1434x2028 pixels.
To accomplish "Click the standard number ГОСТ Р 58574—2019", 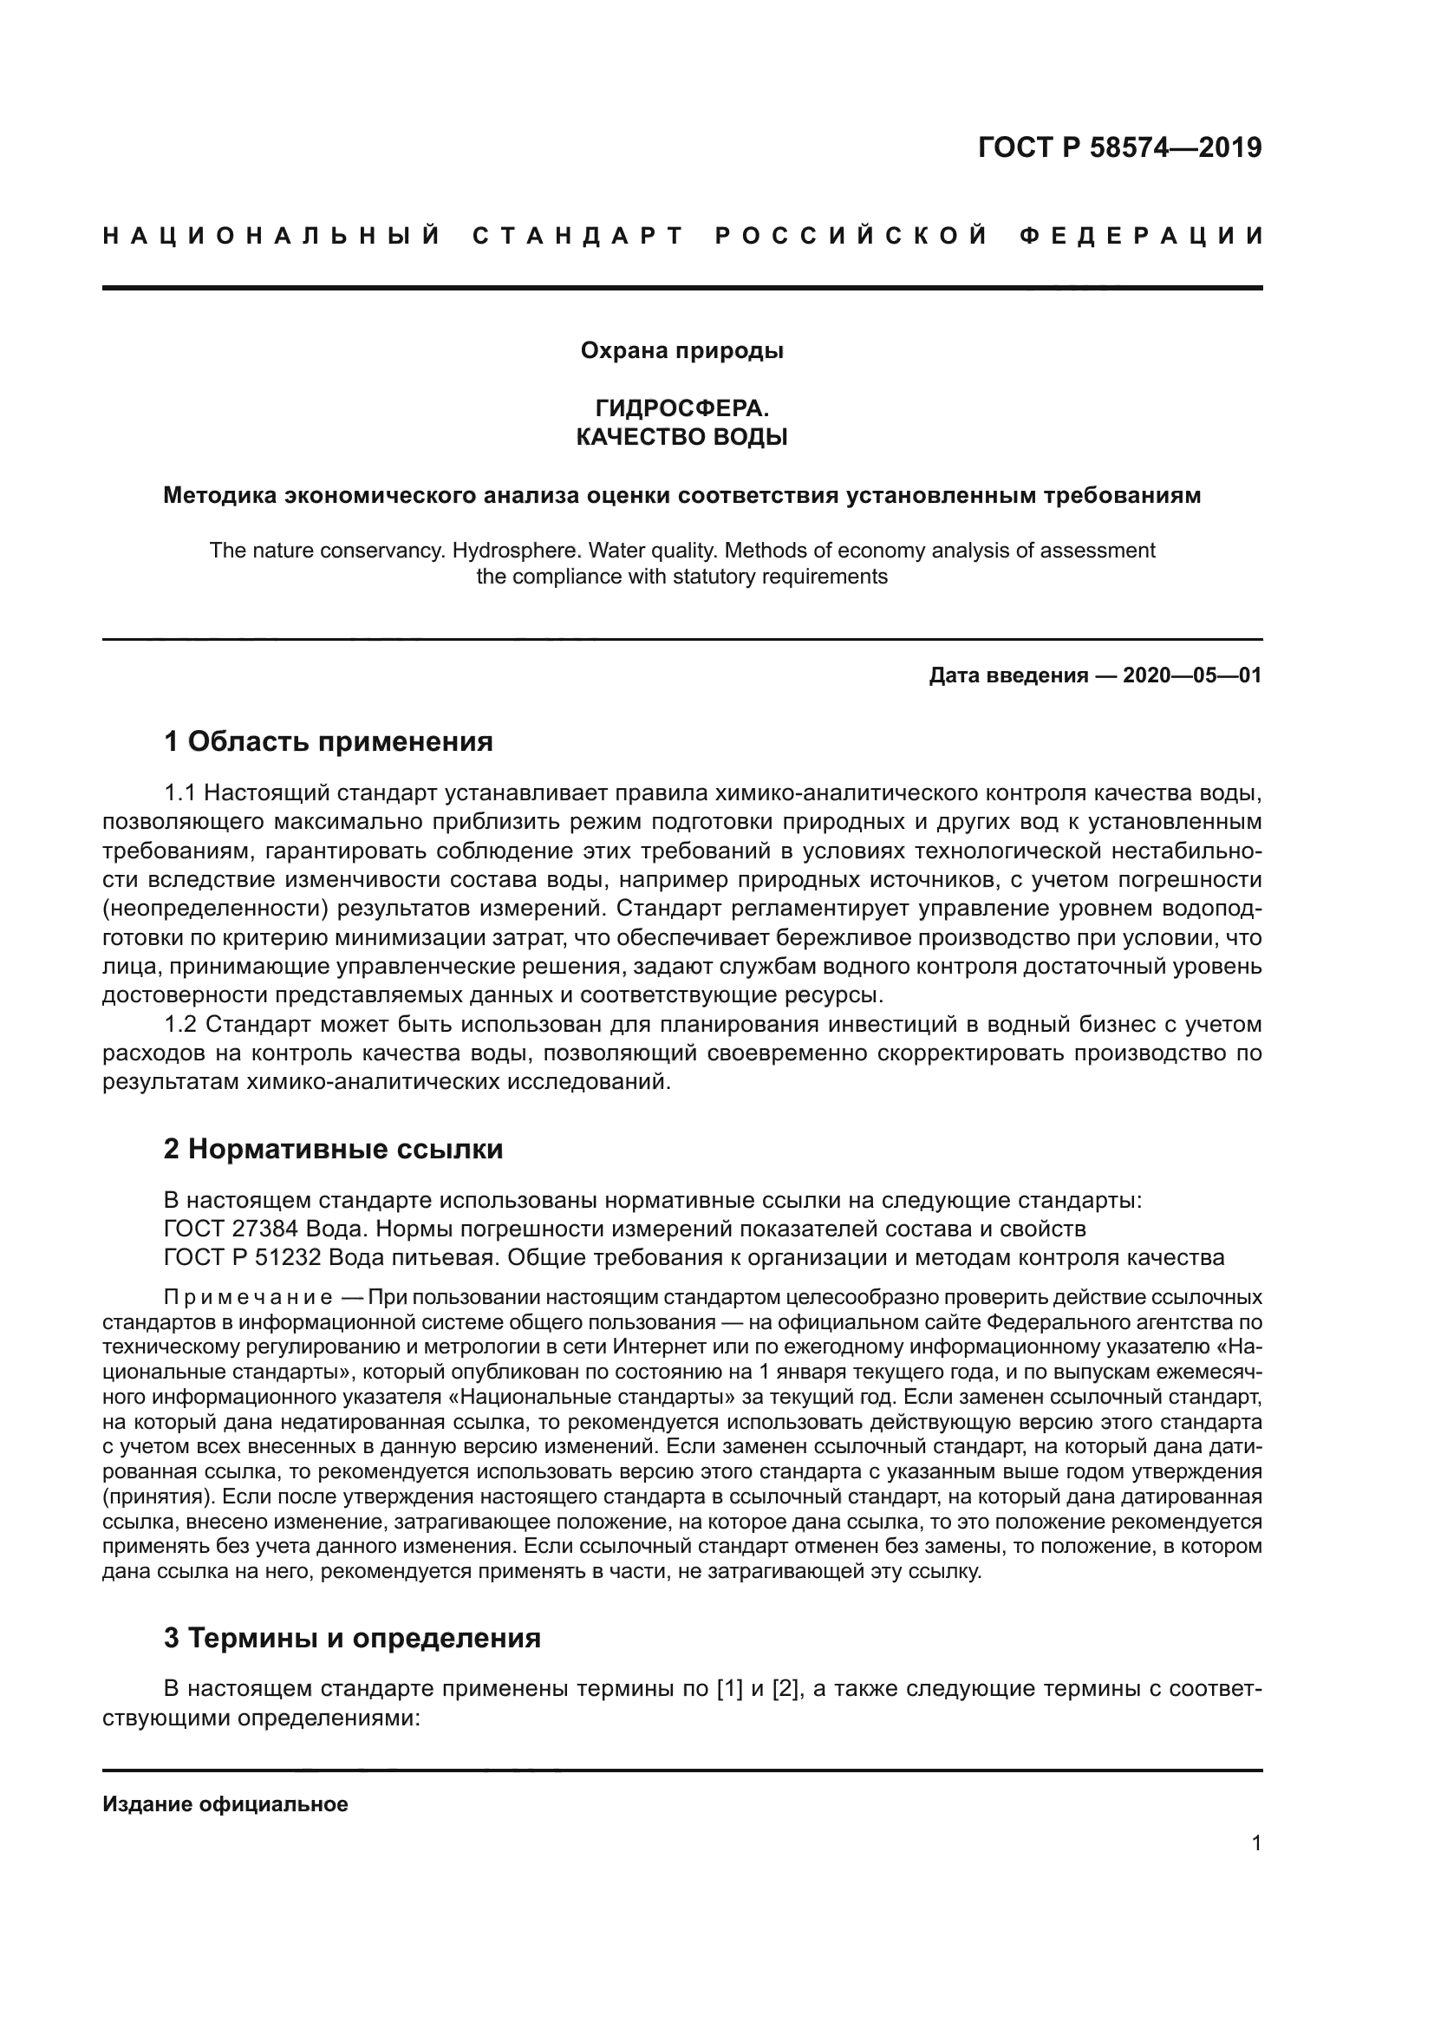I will pyautogui.click(x=1118, y=147).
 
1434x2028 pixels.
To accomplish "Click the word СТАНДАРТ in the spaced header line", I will pyautogui.click(x=578, y=236).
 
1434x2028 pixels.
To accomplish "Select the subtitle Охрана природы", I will pyautogui.click(x=681, y=350).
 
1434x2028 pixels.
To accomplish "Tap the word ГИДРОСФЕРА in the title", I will pyautogui.click(x=680, y=408).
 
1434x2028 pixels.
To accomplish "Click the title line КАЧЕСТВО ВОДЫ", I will pyautogui.click(x=681, y=436).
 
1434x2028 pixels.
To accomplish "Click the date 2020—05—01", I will pyautogui.click(x=1191, y=675).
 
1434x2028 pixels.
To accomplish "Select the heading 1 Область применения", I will pyautogui.click(x=329, y=741).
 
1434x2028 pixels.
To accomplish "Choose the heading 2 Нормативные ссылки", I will pyautogui.click(x=333, y=1148).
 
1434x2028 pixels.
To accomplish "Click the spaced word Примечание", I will pyautogui.click(x=248, y=1298).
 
